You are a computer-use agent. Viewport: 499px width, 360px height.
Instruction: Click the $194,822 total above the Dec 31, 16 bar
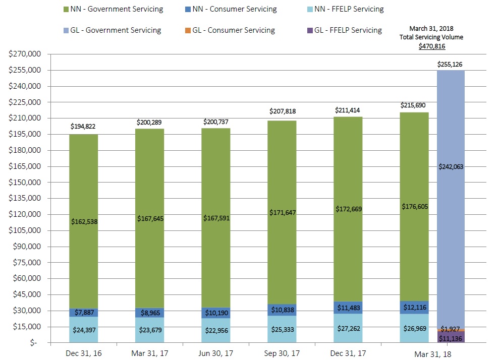[x=84, y=126]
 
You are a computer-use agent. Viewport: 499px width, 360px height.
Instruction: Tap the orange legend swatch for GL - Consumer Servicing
[x=187, y=30]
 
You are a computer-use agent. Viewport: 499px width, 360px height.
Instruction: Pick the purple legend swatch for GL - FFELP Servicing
[x=309, y=30]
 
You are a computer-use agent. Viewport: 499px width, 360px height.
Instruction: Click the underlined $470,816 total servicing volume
[x=432, y=46]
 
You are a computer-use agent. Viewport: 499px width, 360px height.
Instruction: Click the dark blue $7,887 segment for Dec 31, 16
[x=84, y=313]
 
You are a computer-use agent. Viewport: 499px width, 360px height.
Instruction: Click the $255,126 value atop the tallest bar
[x=451, y=64]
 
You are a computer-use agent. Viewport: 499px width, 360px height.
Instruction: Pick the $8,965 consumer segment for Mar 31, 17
[x=149, y=313]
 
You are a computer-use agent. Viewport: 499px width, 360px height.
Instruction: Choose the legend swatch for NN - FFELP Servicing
[x=309, y=9]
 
